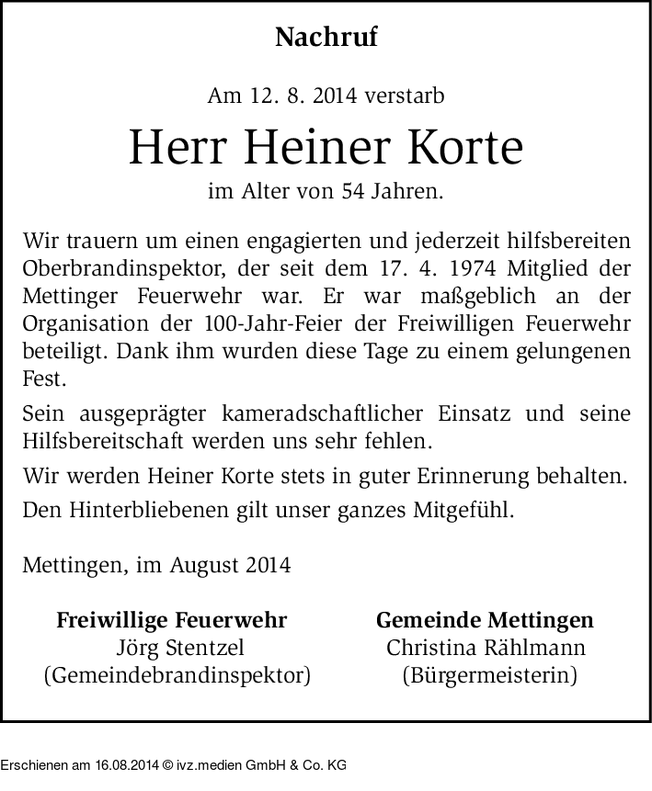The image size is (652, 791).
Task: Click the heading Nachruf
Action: point(326,38)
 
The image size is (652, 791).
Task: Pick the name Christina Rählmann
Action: point(486,649)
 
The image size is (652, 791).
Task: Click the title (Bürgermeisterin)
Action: point(486,677)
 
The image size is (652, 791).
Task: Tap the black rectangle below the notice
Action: point(173,756)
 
